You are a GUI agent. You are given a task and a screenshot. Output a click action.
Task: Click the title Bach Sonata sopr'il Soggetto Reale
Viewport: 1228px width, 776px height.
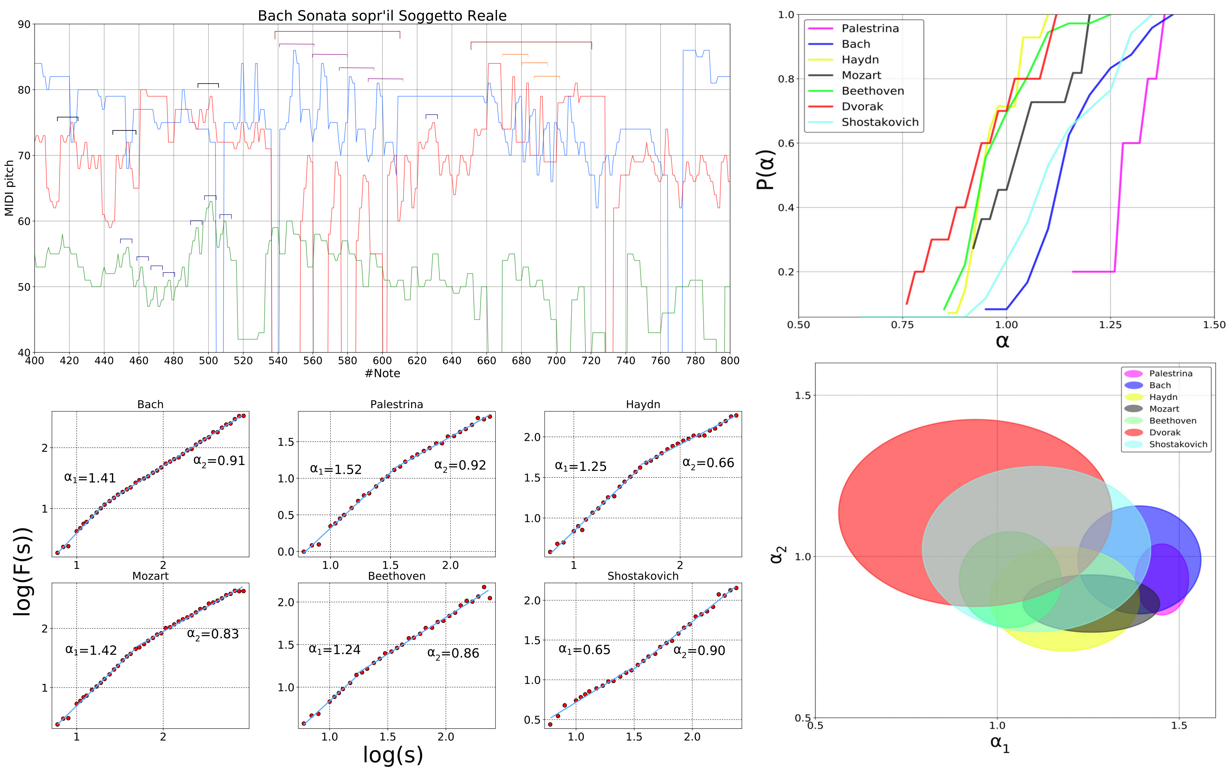(x=382, y=16)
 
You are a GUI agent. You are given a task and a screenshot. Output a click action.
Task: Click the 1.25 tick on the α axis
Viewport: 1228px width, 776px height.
(x=1110, y=325)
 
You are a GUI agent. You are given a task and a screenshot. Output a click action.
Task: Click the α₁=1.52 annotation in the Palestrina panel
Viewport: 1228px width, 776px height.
(x=335, y=470)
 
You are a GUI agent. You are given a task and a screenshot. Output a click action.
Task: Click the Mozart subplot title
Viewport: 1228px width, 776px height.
(x=150, y=576)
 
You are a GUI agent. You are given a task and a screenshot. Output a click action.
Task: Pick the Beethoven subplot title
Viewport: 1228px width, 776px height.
(x=397, y=576)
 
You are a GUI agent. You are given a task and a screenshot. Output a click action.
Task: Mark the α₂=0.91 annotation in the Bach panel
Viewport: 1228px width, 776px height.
(x=219, y=461)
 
